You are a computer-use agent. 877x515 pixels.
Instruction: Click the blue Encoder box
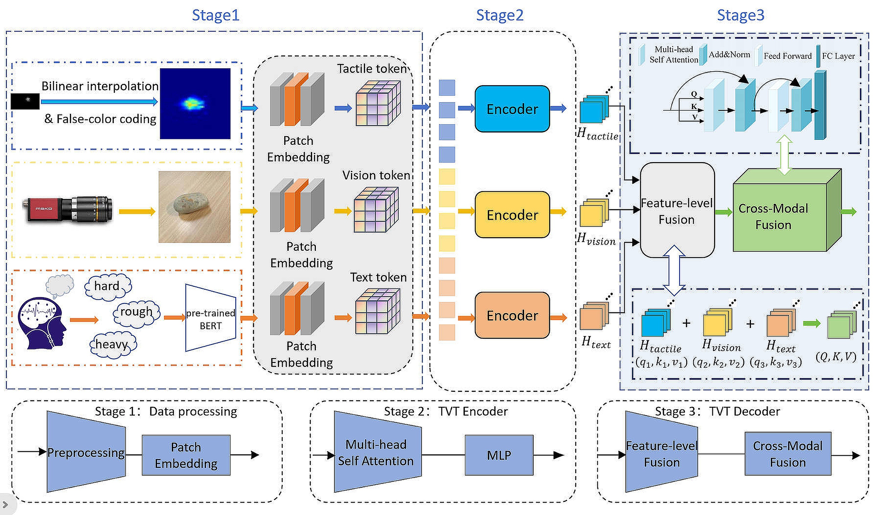(x=512, y=109)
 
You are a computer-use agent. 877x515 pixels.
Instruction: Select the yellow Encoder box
(x=512, y=215)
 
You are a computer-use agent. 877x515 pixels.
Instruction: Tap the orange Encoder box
(x=512, y=315)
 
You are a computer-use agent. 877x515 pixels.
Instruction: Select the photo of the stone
(x=194, y=207)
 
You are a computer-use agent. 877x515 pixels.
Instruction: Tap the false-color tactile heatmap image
(x=195, y=103)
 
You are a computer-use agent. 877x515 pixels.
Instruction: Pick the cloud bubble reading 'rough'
(x=136, y=312)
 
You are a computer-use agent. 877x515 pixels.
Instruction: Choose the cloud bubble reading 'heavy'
(x=112, y=344)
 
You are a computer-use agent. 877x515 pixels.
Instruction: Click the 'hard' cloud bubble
(x=107, y=286)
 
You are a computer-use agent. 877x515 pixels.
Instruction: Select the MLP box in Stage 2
(x=499, y=455)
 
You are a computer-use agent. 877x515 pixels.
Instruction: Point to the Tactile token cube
(x=378, y=103)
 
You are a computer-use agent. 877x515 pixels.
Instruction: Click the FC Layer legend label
(x=838, y=56)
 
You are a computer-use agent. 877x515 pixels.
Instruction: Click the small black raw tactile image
(x=25, y=101)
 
